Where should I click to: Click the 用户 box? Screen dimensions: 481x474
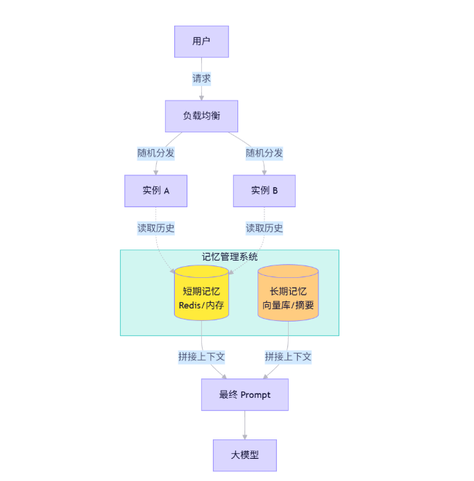201,42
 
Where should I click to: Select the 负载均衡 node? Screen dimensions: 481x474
201,116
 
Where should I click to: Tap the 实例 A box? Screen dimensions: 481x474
156,191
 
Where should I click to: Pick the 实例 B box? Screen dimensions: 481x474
264,191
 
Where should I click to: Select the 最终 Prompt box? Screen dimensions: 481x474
244,395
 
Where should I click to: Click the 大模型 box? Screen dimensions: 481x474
244,455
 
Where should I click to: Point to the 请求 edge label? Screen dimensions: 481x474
201,78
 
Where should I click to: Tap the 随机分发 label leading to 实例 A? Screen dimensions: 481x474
156,153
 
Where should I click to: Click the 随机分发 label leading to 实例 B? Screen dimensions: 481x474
264,153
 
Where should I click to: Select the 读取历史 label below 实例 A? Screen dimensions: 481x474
156,228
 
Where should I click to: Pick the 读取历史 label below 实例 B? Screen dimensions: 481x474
264,228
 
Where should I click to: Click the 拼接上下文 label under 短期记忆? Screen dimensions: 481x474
201,357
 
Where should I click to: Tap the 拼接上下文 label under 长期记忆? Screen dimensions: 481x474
288,357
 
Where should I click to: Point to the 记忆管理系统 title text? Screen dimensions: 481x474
230,257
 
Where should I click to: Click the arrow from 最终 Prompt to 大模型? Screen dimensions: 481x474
244,424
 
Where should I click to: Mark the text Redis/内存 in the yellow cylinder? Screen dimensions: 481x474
201,305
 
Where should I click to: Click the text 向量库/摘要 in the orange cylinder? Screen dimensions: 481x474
288,305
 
